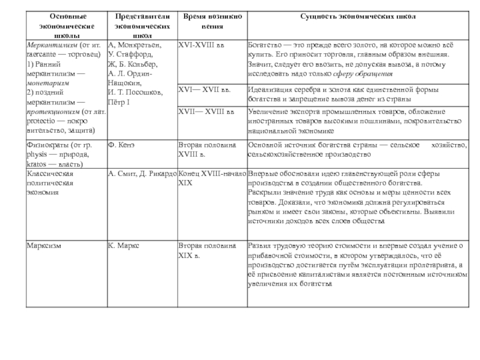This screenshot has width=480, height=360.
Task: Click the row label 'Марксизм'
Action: (x=44, y=245)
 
